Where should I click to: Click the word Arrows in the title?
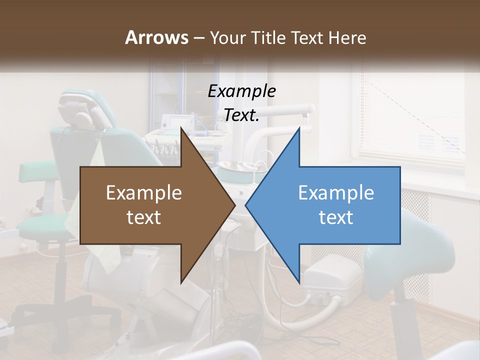pos(156,37)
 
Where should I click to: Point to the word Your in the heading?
pos(227,38)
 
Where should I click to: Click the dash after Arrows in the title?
pos(198,38)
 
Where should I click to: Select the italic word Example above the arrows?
pos(241,91)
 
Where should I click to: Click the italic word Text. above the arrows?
pos(241,115)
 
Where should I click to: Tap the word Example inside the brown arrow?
pos(144,193)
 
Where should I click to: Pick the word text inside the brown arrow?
pos(144,217)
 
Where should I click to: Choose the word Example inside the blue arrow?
pos(336,193)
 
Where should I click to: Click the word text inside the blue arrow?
pos(336,217)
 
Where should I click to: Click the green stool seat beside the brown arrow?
pos(42,171)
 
